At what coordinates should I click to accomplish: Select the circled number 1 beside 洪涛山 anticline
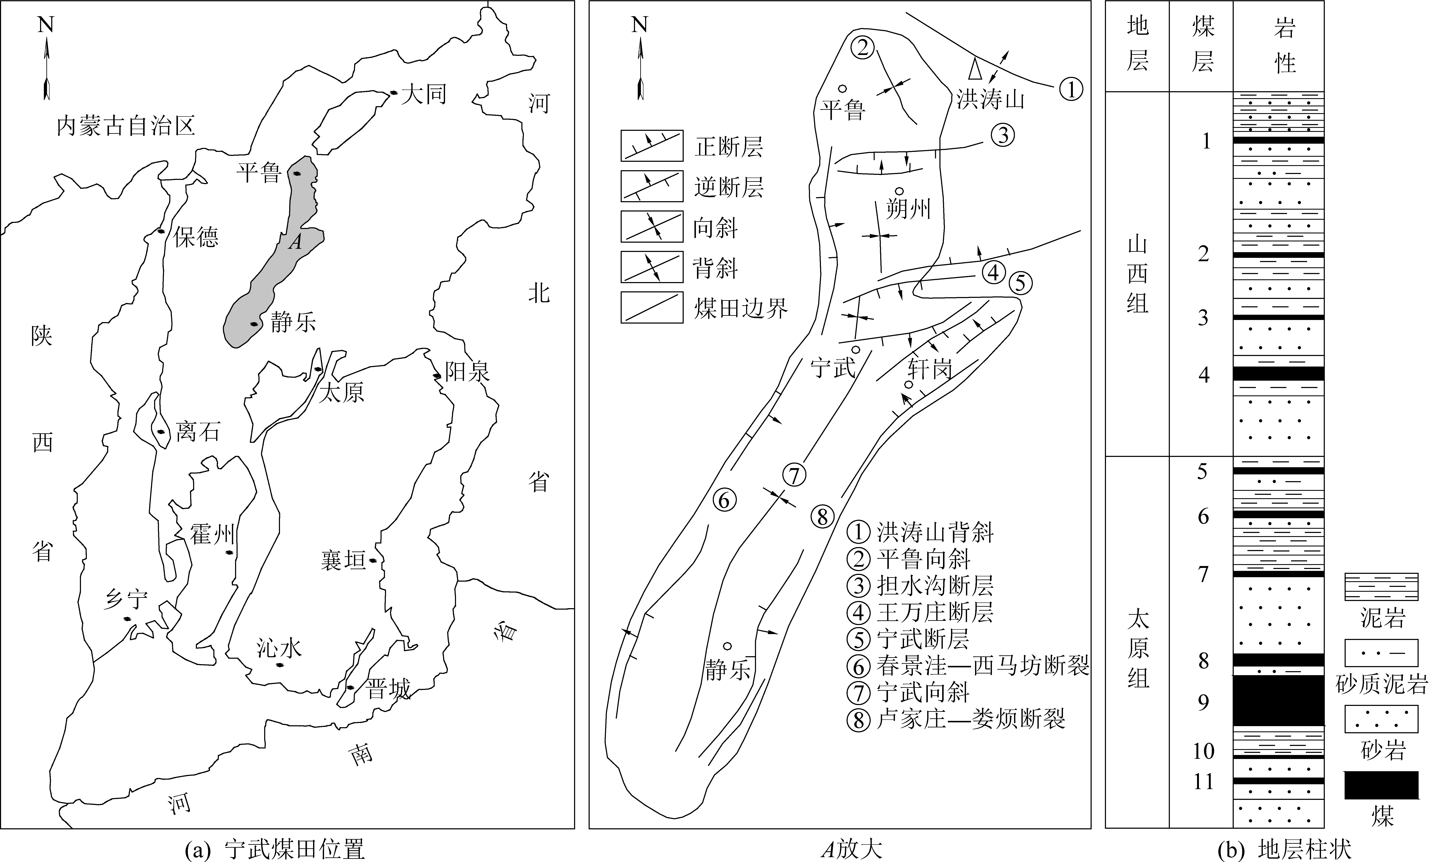pyautogui.click(x=1071, y=89)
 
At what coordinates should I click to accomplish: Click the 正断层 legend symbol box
pyautogui.click(x=652, y=146)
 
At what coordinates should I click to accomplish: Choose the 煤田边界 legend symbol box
pyautogui.click(x=652, y=307)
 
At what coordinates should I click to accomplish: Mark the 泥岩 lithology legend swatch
pyautogui.click(x=1381, y=588)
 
